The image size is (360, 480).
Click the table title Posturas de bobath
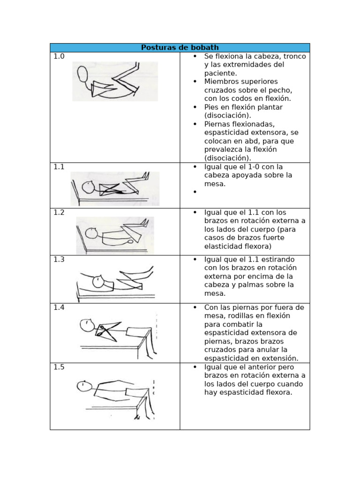180,47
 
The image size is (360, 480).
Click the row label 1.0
59,56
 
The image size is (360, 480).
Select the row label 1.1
59,167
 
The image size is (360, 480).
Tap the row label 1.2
59,212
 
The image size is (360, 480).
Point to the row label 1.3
59,259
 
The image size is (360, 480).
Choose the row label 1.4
59,307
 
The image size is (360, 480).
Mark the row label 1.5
59,367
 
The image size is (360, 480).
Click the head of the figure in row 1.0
82,74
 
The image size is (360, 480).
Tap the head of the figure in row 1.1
88,187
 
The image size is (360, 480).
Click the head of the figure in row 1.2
91,233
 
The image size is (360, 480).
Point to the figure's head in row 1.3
98,282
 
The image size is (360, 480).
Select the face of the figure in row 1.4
86,325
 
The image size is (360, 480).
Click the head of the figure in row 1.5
83,386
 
